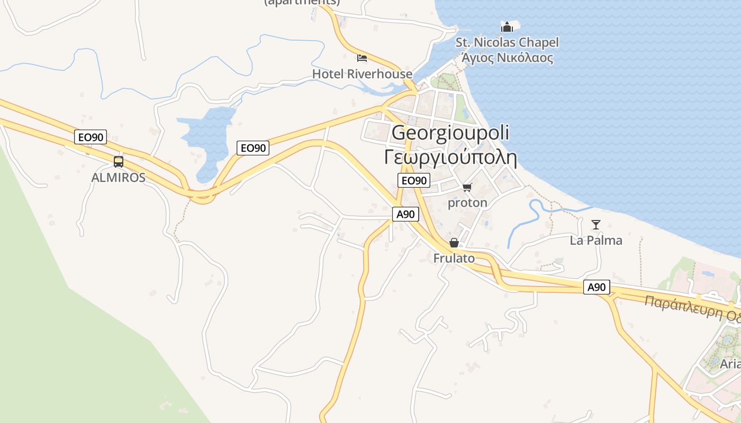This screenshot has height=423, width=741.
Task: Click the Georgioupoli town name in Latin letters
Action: point(450,132)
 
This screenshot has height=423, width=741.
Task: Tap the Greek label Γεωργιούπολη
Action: point(450,157)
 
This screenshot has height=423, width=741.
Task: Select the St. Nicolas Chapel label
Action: point(507,42)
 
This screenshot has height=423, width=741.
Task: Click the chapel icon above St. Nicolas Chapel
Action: point(507,26)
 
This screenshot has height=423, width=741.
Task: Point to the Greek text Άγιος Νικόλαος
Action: point(507,58)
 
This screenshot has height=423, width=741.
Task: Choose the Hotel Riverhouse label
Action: point(362,74)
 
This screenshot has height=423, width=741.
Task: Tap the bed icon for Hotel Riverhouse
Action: point(362,58)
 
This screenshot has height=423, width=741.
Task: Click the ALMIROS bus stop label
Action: point(118,178)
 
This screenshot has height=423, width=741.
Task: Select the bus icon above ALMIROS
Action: point(118,162)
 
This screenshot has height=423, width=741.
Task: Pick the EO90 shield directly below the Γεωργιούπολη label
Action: point(413,180)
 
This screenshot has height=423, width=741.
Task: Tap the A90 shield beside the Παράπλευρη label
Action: point(597,288)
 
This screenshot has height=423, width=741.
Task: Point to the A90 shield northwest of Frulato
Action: point(406,214)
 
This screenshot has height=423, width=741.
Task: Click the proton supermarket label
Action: point(467,203)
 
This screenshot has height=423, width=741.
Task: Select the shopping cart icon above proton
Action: point(467,187)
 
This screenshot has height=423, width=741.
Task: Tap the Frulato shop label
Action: point(454,259)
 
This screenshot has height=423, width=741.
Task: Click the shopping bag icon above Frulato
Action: point(454,243)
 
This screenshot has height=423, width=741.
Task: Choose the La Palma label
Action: point(596,241)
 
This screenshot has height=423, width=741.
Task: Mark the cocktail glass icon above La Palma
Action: point(596,225)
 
